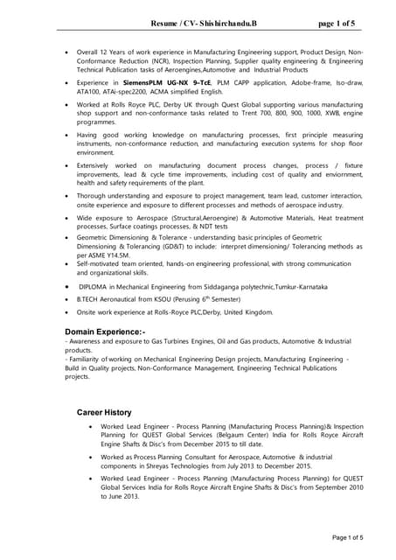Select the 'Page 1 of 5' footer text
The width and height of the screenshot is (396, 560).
[x=347, y=537]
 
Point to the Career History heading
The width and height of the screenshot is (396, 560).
[x=104, y=411]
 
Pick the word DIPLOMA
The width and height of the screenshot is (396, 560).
[x=96, y=287]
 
